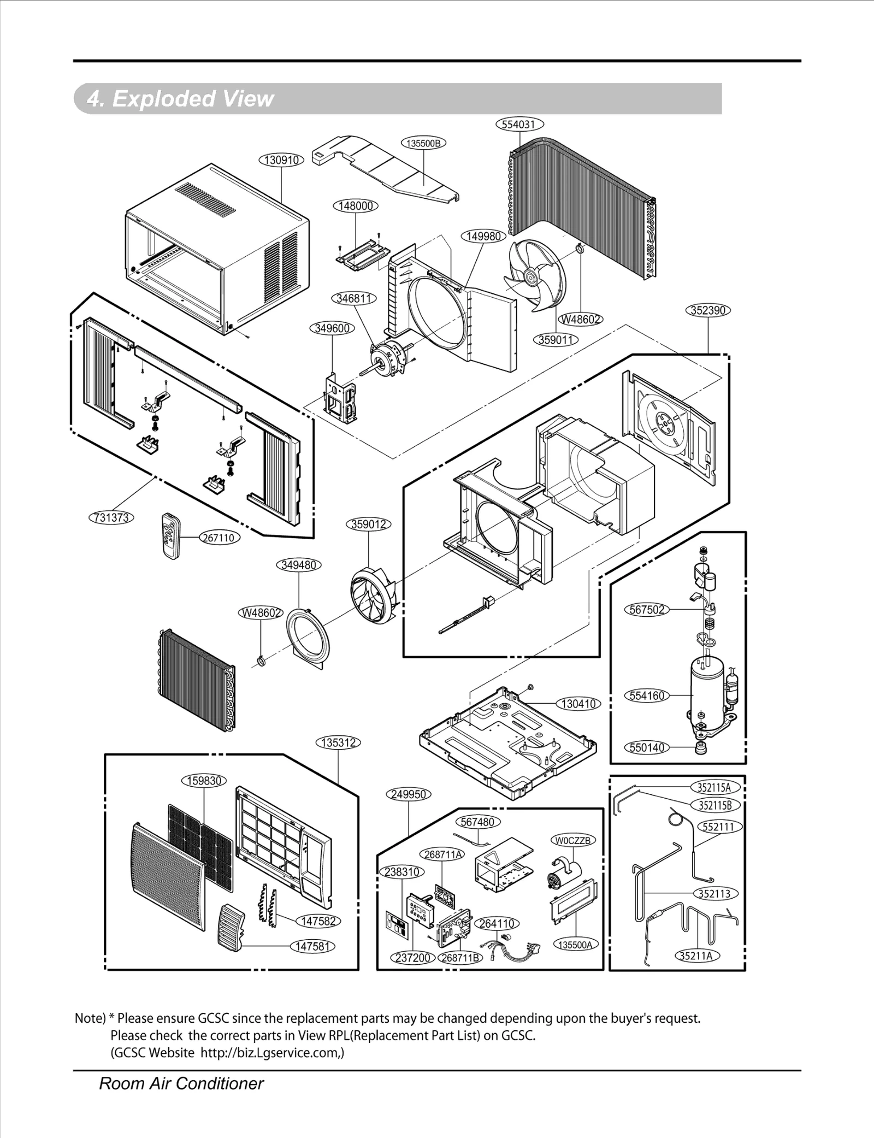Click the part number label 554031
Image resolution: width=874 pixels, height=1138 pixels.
519,124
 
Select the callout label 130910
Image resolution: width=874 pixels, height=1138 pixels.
281,160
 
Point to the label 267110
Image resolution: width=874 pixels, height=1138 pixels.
218,538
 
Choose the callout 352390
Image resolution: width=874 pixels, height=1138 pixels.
708,310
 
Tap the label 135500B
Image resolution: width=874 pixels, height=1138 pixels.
423,143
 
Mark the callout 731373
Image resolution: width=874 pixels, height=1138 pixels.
111,517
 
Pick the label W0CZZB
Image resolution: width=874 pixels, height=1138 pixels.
572,840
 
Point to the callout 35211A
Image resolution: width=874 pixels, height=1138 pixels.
698,956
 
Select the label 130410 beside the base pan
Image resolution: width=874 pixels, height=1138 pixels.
578,704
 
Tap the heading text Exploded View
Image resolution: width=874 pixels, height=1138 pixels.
180,99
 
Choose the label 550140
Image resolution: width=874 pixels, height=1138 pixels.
647,747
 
